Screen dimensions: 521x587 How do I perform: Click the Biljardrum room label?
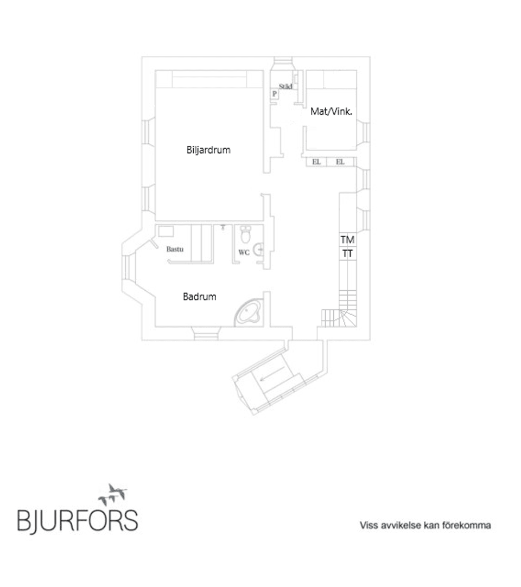tap(208, 150)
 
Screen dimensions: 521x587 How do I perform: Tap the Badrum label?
tap(199, 297)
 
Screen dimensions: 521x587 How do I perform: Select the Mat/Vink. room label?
tap(331, 111)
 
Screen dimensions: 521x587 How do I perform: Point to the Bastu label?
tap(175, 249)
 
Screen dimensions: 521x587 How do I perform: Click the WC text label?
tap(244, 252)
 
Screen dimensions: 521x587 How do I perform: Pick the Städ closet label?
tap(285, 86)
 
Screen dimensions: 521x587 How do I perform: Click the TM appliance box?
tap(347, 239)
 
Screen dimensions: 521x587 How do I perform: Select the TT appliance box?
tap(347, 253)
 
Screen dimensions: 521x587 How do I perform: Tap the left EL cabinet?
tap(316, 162)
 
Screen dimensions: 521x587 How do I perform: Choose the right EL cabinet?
tap(340, 162)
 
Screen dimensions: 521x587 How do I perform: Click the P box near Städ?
tap(275, 94)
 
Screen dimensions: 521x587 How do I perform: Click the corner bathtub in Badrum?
tap(248, 312)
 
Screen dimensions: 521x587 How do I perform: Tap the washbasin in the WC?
tap(259, 249)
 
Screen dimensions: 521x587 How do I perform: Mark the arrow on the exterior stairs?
tap(272, 374)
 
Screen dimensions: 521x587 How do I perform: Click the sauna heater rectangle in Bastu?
tap(166, 231)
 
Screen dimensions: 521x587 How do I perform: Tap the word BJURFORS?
tap(78, 521)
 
